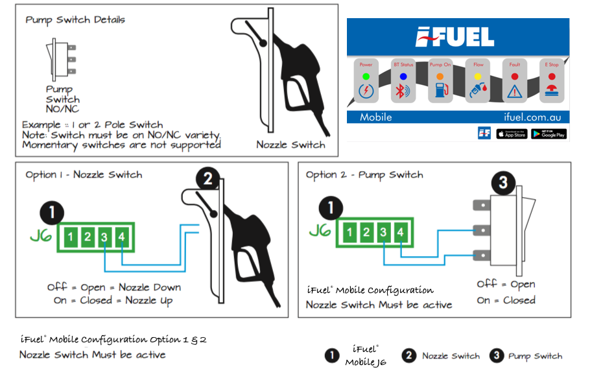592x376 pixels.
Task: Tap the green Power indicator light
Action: (x=366, y=76)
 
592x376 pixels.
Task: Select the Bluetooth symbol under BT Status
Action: (x=403, y=91)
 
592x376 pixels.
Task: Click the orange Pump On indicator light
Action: (x=441, y=76)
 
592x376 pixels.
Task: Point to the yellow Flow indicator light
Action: (x=478, y=76)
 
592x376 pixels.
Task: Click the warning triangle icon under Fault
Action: (x=515, y=91)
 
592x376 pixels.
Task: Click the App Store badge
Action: (x=512, y=134)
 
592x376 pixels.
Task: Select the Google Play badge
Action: (x=549, y=134)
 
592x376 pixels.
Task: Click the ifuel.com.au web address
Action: (x=532, y=117)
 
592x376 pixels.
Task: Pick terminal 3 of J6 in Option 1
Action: (x=104, y=237)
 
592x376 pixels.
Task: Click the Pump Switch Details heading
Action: (x=75, y=19)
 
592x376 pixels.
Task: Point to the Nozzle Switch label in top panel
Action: (x=290, y=145)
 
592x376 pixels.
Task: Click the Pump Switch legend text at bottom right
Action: (x=535, y=356)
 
